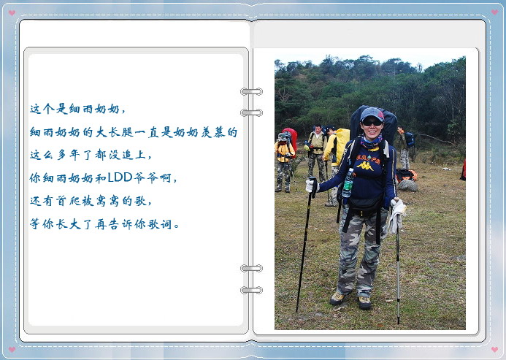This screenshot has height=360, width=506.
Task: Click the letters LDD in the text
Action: (120, 177)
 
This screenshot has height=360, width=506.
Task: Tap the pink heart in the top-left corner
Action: (12, 12)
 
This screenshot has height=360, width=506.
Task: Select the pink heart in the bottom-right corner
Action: (494, 349)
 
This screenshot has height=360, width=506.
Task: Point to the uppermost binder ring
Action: (251, 92)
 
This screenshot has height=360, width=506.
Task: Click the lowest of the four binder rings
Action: (251, 290)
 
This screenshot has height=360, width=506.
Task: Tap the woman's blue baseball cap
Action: (372, 114)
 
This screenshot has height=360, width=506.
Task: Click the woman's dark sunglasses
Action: (372, 123)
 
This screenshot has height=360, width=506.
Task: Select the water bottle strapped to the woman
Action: (348, 183)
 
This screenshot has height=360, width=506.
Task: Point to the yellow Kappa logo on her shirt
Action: (365, 166)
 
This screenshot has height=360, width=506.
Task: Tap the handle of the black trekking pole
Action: (313, 187)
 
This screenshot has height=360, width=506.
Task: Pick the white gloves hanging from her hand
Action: (396, 215)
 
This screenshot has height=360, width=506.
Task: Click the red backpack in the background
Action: (291, 137)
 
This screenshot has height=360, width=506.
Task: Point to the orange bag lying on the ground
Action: (406, 175)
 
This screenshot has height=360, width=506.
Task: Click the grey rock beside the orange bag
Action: (407, 185)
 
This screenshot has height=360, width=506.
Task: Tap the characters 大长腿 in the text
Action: (114, 132)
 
